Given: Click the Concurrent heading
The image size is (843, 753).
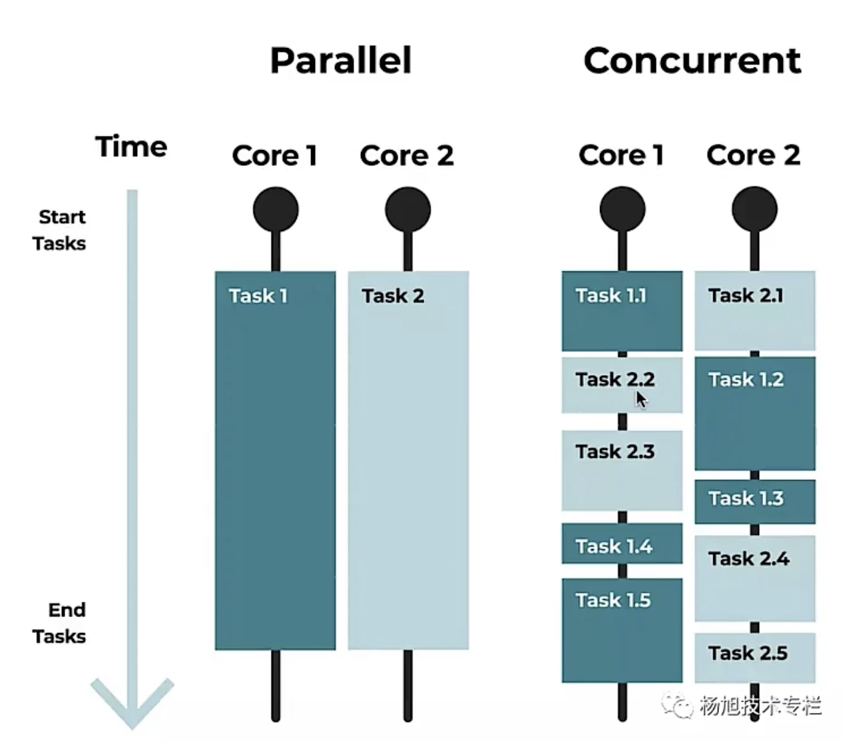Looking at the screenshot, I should [x=692, y=61].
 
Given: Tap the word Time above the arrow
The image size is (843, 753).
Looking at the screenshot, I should [x=131, y=147].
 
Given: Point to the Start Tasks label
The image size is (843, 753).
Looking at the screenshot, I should [x=60, y=230].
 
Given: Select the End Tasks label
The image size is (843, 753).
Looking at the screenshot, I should [x=60, y=623].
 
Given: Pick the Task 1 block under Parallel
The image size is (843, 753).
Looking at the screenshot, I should [x=275, y=460].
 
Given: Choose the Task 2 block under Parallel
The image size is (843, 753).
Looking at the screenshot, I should [x=408, y=460].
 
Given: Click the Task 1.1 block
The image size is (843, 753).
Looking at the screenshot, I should [x=622, y=311].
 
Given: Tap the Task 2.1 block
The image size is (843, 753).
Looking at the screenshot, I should [x=754, y=311].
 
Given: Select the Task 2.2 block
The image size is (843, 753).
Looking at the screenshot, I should [x=622, y=385].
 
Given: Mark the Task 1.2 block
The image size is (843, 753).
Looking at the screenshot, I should [x=754, y=414].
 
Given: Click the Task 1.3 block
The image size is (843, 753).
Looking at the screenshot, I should [x=754, y=501].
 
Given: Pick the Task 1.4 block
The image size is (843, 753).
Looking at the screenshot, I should [x=622, y=544].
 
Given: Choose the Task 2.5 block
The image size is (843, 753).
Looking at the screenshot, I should [x=754, y=657].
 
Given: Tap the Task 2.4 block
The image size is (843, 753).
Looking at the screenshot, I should [x=754, y=578].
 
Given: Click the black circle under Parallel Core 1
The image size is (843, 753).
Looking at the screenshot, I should [x=276, y=209].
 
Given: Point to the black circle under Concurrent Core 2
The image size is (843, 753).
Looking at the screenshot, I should [x=754, y=209].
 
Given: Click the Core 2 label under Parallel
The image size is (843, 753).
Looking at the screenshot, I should [x=406, y=156].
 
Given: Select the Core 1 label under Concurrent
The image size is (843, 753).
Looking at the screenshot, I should [x=621, y=155].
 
